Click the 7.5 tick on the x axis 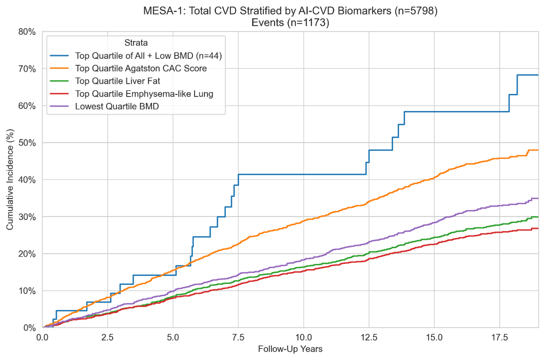tap(238, 337)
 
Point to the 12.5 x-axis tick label tap(368, 337)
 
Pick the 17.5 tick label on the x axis tap(499, 337)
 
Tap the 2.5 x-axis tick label tap(107, 337)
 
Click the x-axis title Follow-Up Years tap(290, 348)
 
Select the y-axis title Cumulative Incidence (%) tap(10, 179)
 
